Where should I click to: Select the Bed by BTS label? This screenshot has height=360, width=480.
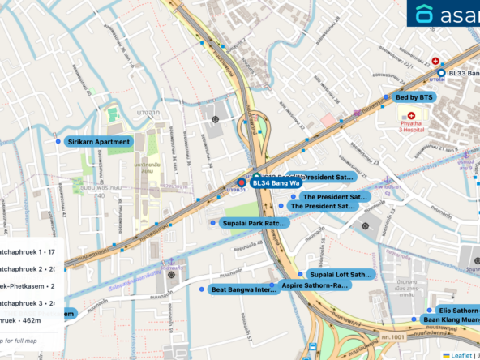pos(414,97)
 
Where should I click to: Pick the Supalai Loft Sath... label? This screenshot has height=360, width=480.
pos(340,275)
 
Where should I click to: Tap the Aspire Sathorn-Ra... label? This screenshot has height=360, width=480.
pos(315,285)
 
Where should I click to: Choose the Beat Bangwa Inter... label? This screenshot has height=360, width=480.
pos(243,289)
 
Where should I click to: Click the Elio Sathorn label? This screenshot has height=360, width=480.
pos(458,311)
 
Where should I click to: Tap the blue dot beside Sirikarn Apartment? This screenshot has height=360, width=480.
pos(58,142)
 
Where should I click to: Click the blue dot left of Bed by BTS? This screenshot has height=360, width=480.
pos(387,97)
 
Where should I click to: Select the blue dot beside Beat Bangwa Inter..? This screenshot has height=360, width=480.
pos(203,288)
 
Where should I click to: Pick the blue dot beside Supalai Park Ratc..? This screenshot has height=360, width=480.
pos(213,223)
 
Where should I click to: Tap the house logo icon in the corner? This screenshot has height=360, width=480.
pos(424,14)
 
